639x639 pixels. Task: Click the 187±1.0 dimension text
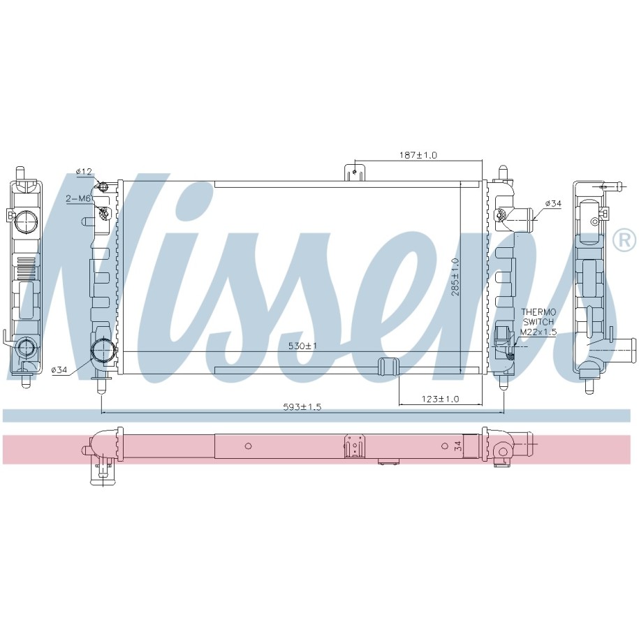pyautogui.click(x=418, y=155)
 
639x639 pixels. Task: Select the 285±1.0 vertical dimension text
pyautogui.click(x=455, y=277)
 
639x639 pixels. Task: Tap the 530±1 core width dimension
pyautogui.click(x=303, y=346)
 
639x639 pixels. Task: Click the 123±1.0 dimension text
pyautogui.click(x=440, y=399)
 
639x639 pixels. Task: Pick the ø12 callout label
pyautogui.click(x=84, y=172)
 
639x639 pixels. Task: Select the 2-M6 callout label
pyautogui.click(x=78, y=198)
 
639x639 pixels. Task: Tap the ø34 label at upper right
pyautogui.click(x=553, y=203)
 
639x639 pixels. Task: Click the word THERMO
pyautogui.click(x=538, y=313)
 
